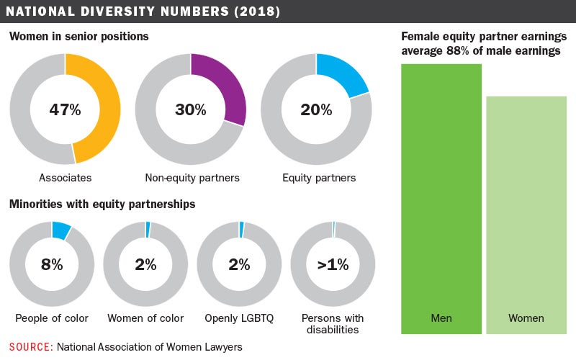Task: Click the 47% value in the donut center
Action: tap(65, 110)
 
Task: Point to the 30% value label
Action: tap(191, 110)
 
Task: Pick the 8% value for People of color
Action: tap(52, 264)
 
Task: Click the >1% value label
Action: tap(333, 264)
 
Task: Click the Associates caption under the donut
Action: tap(65, 177)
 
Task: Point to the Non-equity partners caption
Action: tap(191, 177)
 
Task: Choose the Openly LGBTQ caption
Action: tap(240, 318)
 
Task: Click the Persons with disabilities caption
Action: tap(333, 324)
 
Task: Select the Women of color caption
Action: tap(145, 318)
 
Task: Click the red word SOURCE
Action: tap(31, 347)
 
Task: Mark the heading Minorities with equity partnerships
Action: tap(102, 204)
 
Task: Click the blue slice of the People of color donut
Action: tap(61, 230)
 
